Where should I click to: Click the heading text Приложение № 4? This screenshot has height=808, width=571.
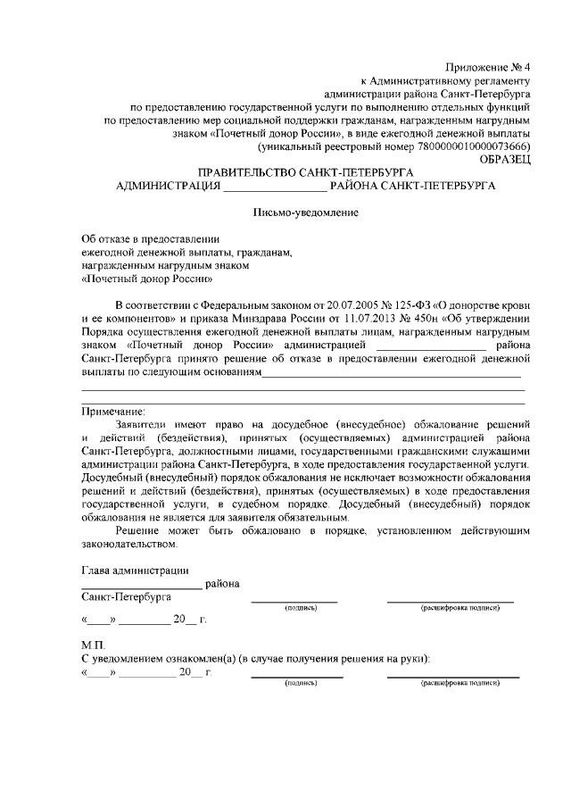point(489,67)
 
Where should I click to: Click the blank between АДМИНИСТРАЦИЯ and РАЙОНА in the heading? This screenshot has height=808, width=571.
point(275,187)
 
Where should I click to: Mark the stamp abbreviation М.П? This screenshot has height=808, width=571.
point(93,645)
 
